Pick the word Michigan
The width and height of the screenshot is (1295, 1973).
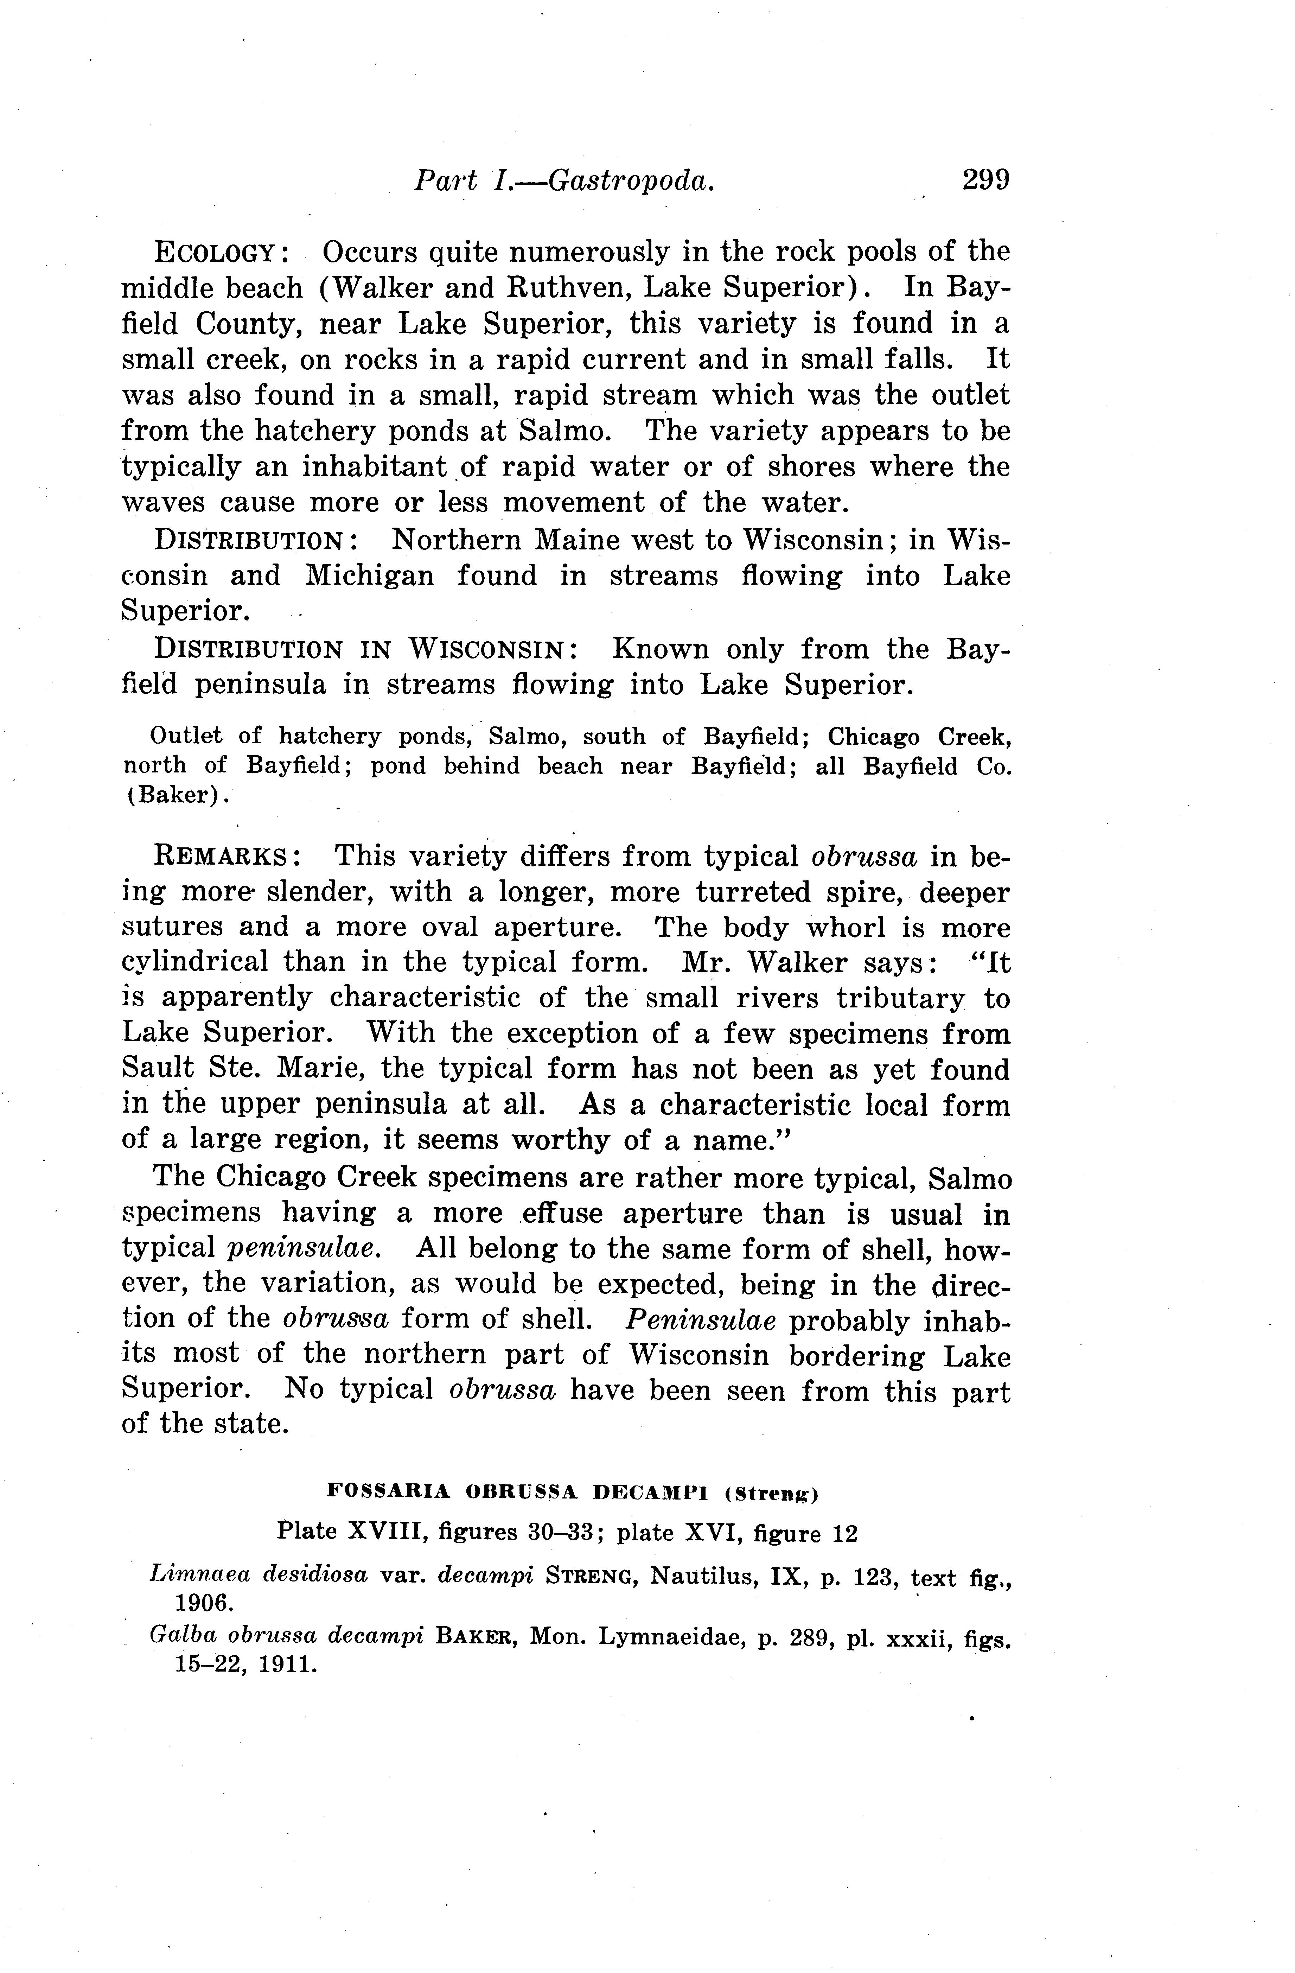(x=369, y=575)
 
